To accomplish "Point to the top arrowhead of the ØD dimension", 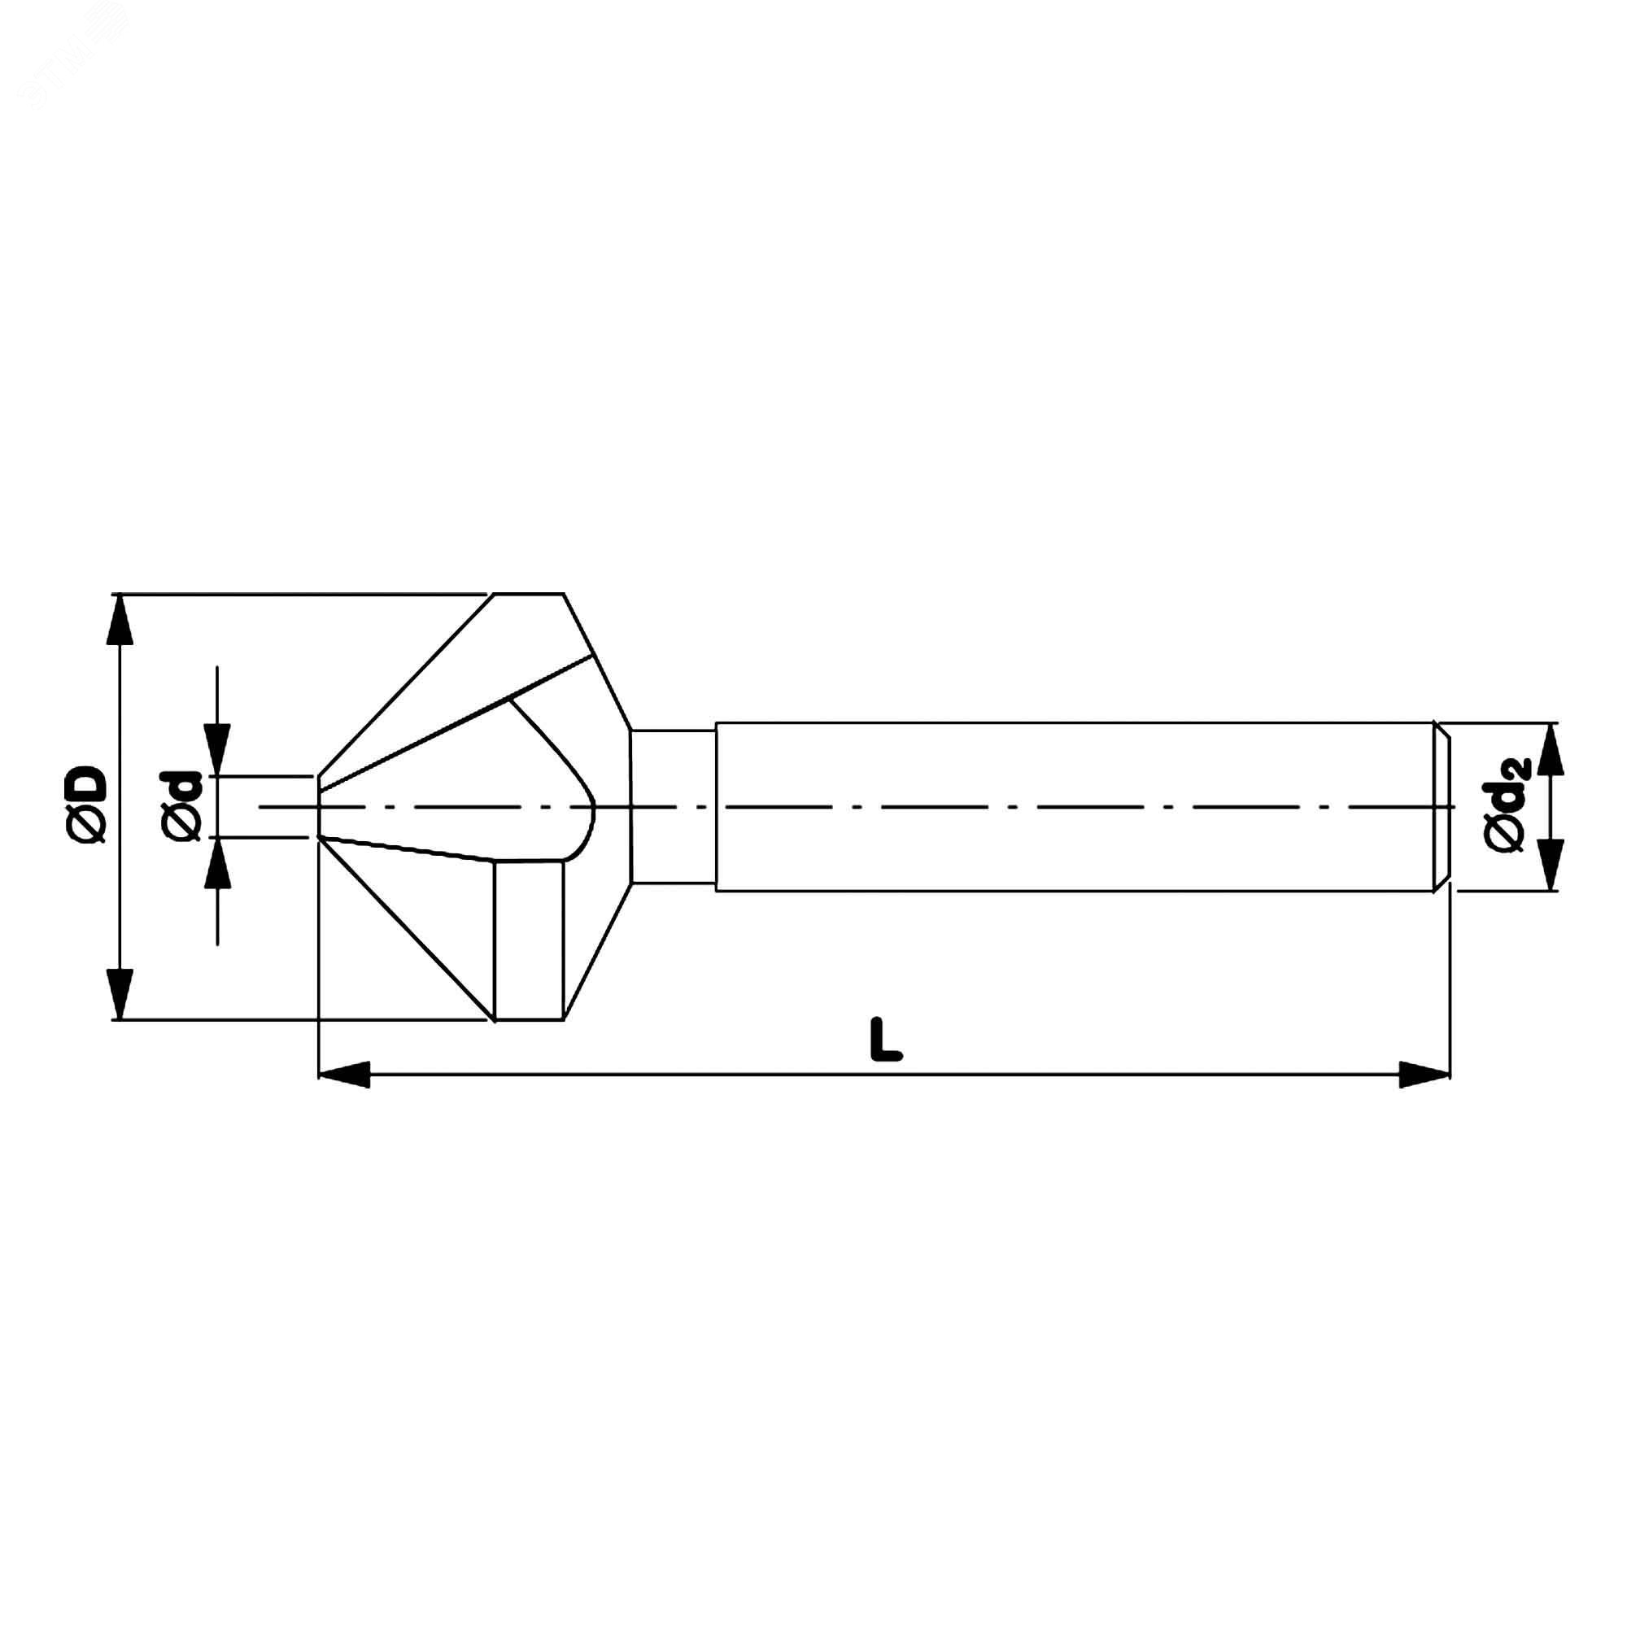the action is tap(122, 620).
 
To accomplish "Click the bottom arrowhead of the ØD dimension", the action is tap(122, 995).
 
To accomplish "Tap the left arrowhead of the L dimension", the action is tap(344, 1075).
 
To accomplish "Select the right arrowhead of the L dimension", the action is tap(1425, 1075).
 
